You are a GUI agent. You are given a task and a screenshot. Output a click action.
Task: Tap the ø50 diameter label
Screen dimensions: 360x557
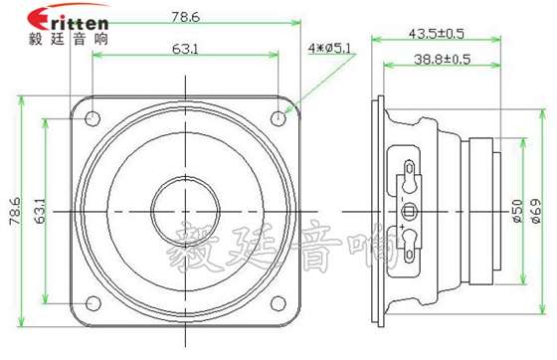(517, 212)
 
